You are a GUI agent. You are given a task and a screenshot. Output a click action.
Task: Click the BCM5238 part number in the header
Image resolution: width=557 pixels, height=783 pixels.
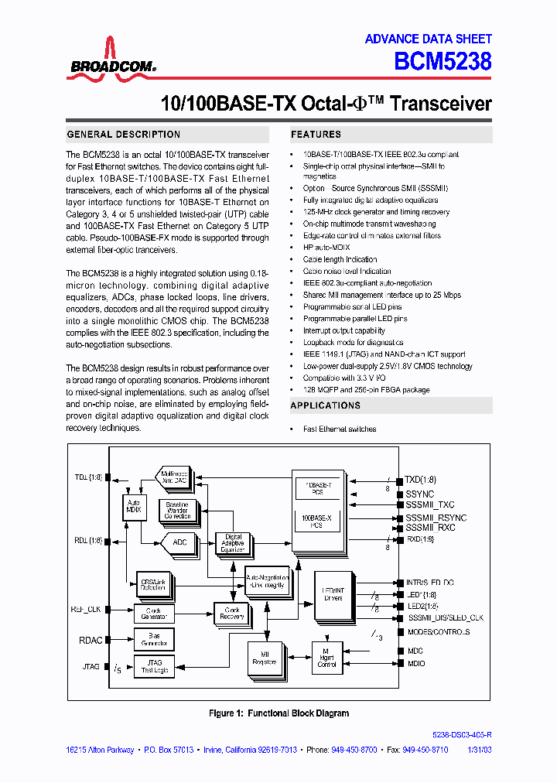pos(443,62)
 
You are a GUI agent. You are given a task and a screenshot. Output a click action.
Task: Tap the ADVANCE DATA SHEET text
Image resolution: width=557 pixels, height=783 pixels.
pos(428,39)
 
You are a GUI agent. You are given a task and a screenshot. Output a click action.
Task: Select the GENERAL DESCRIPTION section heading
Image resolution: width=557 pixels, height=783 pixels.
pos(124,135)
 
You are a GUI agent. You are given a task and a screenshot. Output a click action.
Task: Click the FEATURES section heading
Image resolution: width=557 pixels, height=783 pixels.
pos(316,135)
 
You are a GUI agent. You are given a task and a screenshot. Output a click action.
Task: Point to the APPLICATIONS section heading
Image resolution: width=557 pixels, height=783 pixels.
pos(325,405)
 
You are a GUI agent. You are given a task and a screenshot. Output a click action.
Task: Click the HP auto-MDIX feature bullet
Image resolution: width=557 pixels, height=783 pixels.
pos(326,248)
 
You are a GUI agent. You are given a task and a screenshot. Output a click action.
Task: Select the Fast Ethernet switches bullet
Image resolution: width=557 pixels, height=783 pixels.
pos(340,429)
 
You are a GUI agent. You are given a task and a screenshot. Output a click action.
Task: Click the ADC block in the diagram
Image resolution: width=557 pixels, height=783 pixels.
pos(179,542)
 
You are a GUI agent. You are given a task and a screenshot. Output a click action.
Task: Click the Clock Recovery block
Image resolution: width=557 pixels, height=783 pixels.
pos(232,614)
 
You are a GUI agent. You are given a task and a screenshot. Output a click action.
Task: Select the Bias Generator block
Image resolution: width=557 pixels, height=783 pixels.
pos(155,639)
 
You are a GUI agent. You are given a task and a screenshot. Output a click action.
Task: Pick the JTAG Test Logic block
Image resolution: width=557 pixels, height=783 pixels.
pos(155,666)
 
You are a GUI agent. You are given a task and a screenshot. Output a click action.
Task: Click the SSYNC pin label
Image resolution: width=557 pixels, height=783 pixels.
pos(420,494)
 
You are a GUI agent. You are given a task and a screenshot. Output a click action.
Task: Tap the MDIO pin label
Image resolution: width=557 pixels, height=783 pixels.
pos(416,663)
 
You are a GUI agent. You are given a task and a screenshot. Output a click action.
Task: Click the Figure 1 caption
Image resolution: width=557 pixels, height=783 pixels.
pos(278,713)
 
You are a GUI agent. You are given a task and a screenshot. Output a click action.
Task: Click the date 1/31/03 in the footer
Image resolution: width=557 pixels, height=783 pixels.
pos(480,750)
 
